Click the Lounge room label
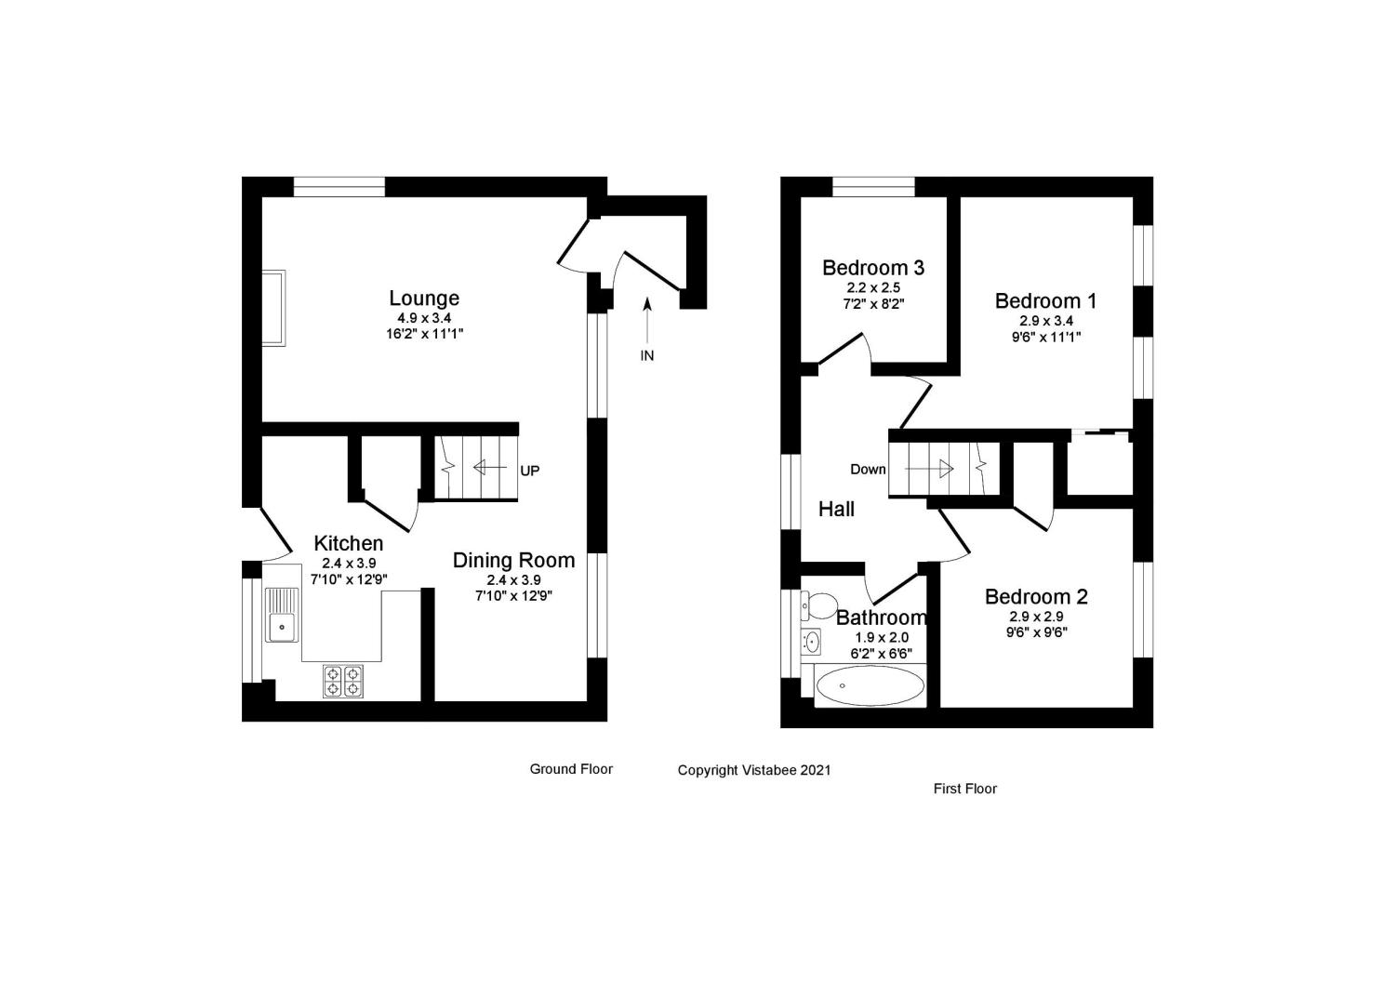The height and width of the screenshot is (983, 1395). click(424, 299)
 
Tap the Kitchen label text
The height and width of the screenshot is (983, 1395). click(349, 543)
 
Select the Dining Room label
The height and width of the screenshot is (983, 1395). click(513, 561)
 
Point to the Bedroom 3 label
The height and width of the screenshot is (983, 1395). click(873, 268)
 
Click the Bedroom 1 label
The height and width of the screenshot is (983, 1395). click(1045, 301)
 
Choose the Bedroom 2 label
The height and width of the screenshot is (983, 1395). click(1036, 597)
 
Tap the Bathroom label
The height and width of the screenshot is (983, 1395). click(881, 618)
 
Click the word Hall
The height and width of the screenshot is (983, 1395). click(836, 510)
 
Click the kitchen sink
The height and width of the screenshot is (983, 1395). click(281, 616)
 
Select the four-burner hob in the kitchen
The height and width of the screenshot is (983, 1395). click(342, 682)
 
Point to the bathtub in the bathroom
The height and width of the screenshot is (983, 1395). click(870, 686)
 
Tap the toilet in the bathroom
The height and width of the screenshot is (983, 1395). click(818, 606)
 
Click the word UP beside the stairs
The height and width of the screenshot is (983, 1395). click(529, 472)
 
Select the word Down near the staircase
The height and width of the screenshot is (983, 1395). click(868, 470)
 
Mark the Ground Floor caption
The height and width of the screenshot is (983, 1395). click(571, 769)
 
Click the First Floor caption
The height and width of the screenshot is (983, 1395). click(964, 789)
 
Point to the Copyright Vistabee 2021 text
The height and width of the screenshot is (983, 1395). click(754, 770)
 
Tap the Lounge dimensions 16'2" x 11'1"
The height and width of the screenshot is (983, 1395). click(424, 333)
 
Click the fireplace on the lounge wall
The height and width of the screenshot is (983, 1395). click(273, 308)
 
